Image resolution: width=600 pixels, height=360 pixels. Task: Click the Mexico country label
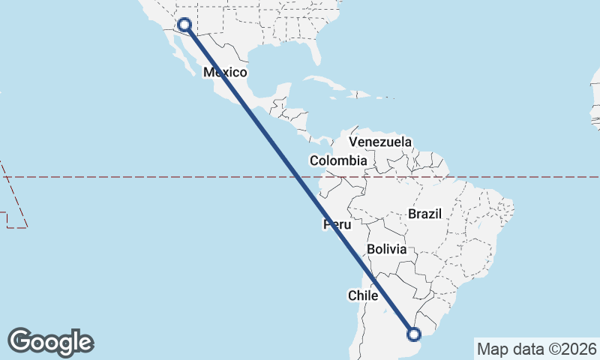coord(226,73)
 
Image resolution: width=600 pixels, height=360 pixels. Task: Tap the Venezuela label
coord(380,142)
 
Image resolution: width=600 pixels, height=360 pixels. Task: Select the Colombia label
coord(338,160)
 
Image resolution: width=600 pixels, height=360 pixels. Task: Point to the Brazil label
coord(424,214)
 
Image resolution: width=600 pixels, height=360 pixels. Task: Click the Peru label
coord(337,224)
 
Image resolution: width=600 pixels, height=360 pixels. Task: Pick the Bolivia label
coord(386,249)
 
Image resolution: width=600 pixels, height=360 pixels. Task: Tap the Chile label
coord(362,295)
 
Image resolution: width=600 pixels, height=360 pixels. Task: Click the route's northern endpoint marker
coord(184,25)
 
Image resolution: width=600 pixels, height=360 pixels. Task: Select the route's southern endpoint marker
coord(412,334)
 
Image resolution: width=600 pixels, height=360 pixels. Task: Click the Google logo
coord(50,342)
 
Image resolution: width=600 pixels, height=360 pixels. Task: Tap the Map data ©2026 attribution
coord(537,349)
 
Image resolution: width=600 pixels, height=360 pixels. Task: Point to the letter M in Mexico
coord(209,73)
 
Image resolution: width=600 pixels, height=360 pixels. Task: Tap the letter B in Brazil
coord(412,214)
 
